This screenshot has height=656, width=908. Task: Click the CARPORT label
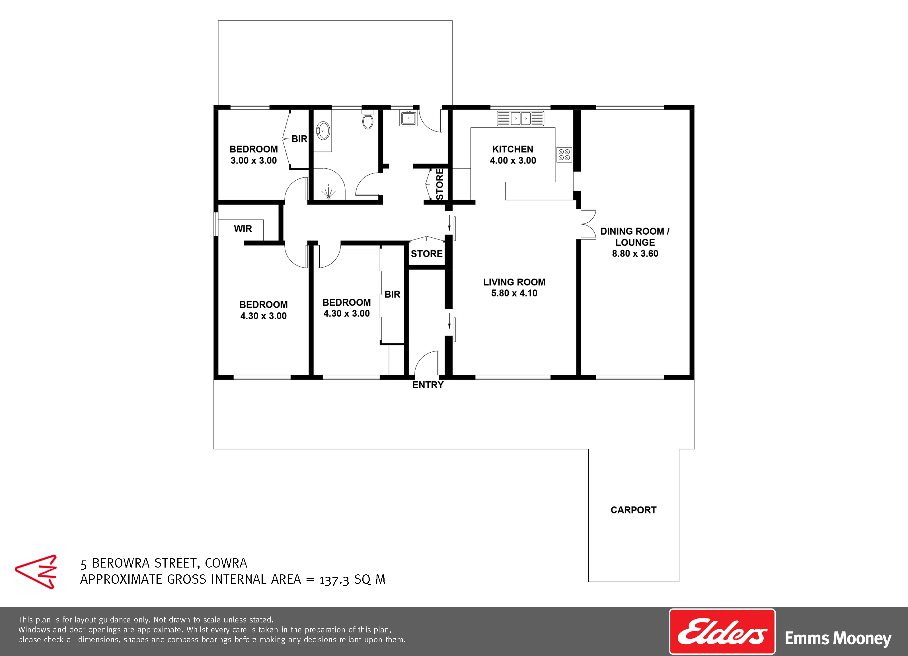pyautogui.click(x=633, y=510)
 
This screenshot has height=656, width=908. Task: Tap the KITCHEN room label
pyautogui.click(x=513, y=149)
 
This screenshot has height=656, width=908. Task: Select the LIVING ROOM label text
pyautogui.click(x=514, y=282)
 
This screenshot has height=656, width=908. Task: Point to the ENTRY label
pyautogui.click(x=428, y=385)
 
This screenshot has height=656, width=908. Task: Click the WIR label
pyautogui.click(x=243, y=229)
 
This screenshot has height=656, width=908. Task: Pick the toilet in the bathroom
pyautogui.click(x=367, y=119)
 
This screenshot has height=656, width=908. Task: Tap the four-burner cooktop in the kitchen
pyautogui.click(x=564, y=155)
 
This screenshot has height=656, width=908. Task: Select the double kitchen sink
pyautogui.click(x=520, y=118)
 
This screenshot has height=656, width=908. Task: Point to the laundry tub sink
pyautogui.click(x=408, y=118)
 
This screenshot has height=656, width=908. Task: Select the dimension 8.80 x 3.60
pyautogui.click(x=635, y=254)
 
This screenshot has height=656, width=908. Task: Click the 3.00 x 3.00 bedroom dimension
pyautogui.click(x=253, y=160)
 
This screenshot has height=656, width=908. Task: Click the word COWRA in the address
pyautogui.click(x=226, y=563)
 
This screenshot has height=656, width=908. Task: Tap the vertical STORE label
pyautogui.click(x=439, y=184)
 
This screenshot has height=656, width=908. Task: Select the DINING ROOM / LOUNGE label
pyautogui.click(x=635, y=237)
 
